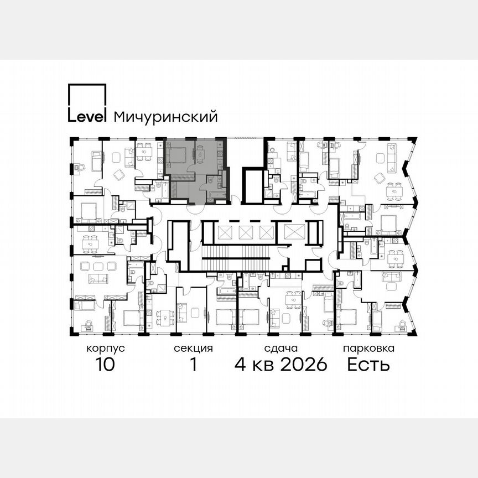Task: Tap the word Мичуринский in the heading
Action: click(165, 117)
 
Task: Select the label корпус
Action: click(105, 349)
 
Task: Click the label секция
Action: click(193, 349)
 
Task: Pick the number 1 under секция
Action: click(193, 365)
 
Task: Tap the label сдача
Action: click(280, 349)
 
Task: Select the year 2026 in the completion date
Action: click(299, 365)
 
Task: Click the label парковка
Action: click(368, 349)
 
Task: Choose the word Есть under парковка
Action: click(368, 365)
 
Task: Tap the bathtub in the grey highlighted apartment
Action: click(214, 195)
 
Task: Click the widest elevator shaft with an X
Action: click(291, 232)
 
